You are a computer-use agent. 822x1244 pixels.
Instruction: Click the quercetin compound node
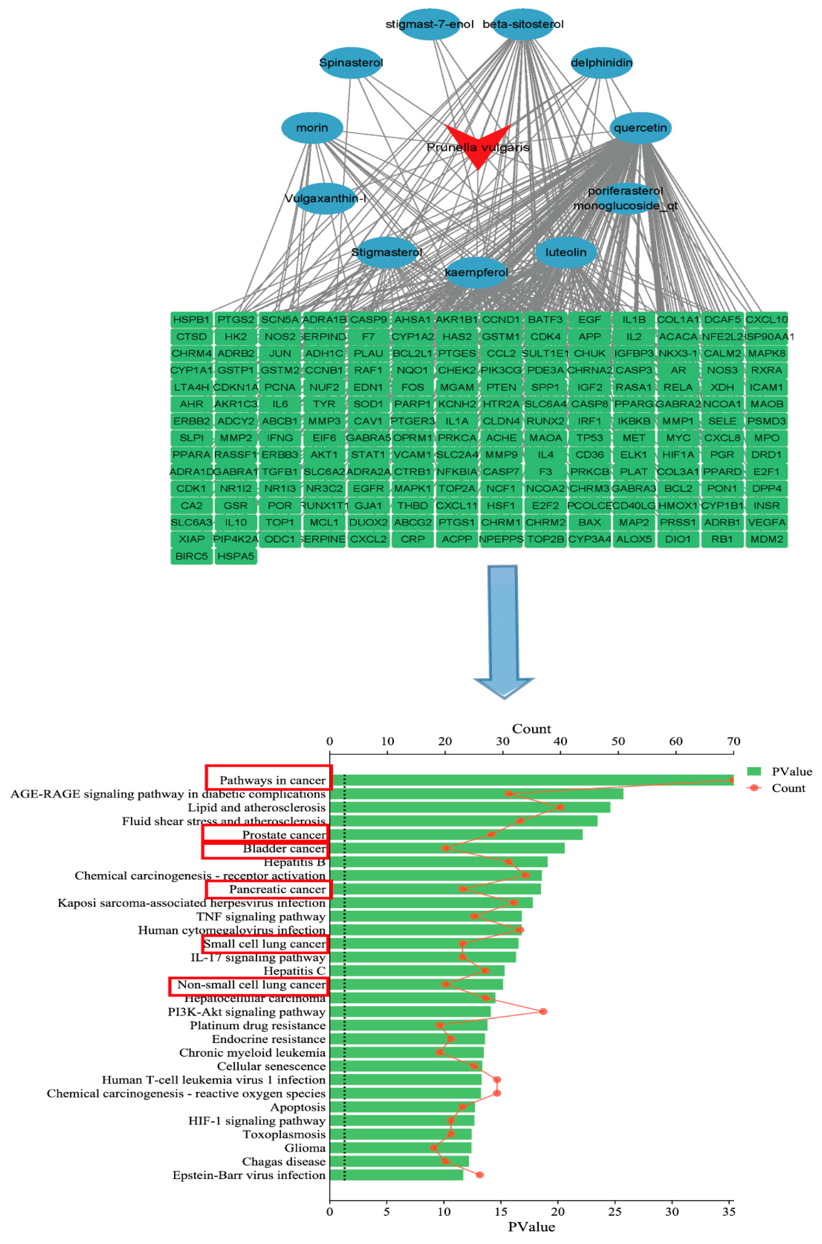tap(640, 128)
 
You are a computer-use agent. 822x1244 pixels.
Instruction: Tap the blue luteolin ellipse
tap(566, 252)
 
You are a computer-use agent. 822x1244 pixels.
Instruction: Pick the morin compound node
tap(312, 128)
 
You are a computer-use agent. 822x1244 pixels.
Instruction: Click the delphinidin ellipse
tap(601, 63)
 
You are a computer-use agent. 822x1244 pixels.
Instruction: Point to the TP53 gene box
tap(590, 438)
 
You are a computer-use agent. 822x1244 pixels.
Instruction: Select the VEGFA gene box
tap(766, 522)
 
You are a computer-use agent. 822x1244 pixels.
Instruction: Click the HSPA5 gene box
tap(235, 556)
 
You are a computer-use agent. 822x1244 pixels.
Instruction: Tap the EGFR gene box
tap(368, 489)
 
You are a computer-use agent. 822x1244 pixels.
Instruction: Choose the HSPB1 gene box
tap(191, 319)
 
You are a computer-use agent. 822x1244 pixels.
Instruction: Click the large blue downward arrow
tap(503, 628)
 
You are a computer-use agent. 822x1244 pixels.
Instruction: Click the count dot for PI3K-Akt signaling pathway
tap(543, 1011)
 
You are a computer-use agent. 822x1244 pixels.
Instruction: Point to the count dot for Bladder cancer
tap(445, 848)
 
